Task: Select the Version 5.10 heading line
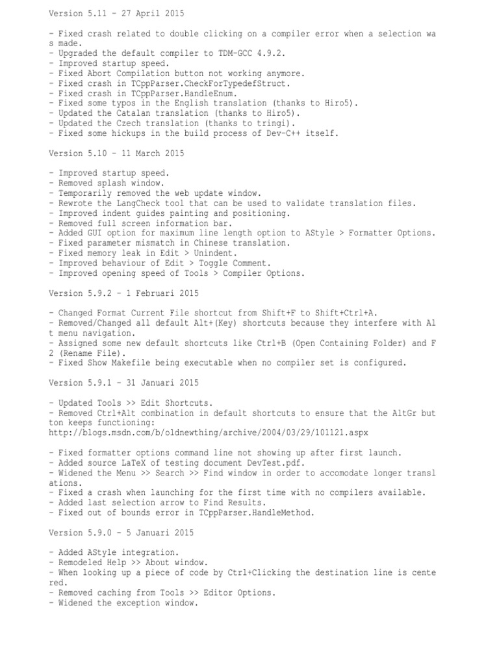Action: pos(116,153)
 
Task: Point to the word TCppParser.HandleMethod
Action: pos(257,513)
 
